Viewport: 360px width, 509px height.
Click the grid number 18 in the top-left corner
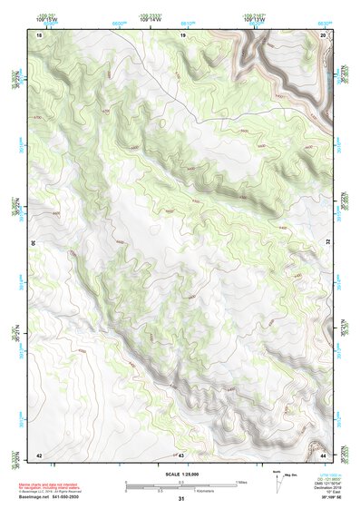pos(38,34)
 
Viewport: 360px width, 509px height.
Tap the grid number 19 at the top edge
pos(182,34)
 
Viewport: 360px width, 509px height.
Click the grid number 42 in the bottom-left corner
pos(38,454)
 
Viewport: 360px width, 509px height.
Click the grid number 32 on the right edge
pos(328,243)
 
